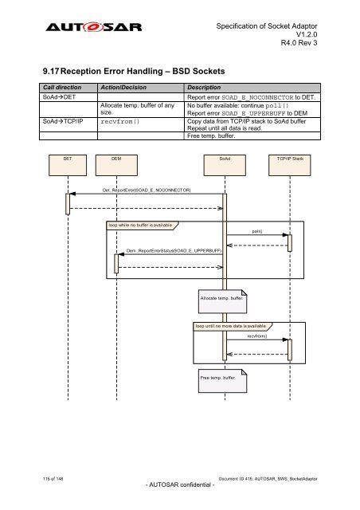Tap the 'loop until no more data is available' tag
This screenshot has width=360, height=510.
click(x=230, y=326)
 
